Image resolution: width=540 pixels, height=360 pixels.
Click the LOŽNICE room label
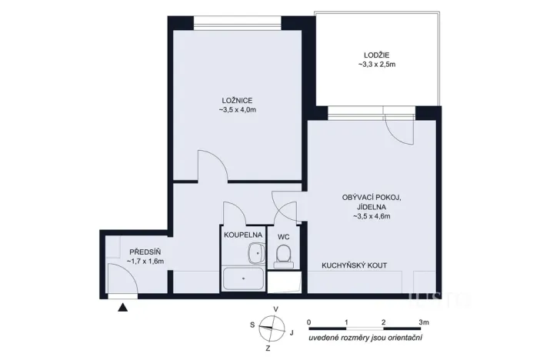tap(236, 101)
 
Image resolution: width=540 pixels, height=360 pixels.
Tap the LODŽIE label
tap(377, 54)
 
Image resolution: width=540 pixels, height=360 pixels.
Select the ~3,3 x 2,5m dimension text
tap(377, 65)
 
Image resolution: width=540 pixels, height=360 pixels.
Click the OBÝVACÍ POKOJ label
tap(372, 198)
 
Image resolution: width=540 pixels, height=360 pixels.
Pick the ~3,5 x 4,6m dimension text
tap(372, 218)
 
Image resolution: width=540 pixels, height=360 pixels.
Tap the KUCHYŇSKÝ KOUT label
tap(354, 265)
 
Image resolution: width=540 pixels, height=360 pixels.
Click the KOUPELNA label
tap(243, 235)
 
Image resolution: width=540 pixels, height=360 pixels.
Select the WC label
tap(283, 237)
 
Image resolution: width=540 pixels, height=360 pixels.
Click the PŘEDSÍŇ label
tap(145, 252)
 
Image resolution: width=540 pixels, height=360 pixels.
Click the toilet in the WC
tap(282, 256)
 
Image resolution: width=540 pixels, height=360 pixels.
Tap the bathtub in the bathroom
tap(242, 278)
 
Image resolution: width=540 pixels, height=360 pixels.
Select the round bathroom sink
tap(254, 252)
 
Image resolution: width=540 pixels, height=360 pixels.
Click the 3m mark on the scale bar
tap(423, 321)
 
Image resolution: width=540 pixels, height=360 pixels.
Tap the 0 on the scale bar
tap(308, 321)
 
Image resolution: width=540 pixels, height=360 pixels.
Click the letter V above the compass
tap(275, 310)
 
